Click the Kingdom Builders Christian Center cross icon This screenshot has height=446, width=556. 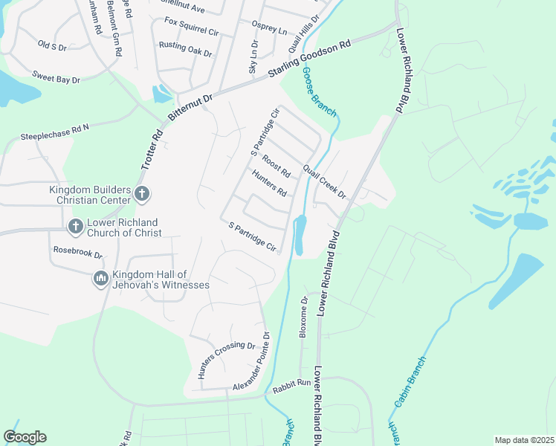[x=143, y=195]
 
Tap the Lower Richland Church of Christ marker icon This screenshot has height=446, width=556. [x=75, y=226]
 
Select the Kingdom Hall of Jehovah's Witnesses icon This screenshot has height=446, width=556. [x=101, y=279]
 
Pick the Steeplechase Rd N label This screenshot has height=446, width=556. [x=54, y=132]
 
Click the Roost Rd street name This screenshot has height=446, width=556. [x=276, y=166]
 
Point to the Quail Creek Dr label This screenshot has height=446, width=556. [x=325, y=181]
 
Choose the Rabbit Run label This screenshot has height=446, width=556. [x=291, y=383]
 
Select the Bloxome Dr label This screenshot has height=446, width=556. [x=303, y=318]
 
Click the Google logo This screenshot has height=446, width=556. [x=25, y=437]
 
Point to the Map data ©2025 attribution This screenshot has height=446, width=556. [x=523, y=440]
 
